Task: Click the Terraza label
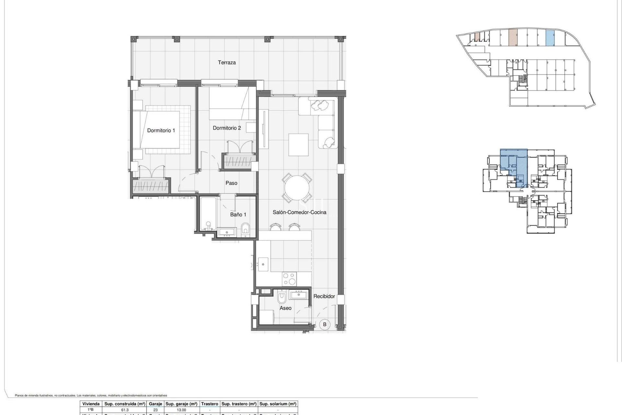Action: [x=226, y=63]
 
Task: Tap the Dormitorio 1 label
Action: [x=161, y=130]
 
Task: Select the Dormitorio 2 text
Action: [x=226, y=128]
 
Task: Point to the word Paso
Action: [x=231, y=183]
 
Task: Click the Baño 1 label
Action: [x=238, y=215]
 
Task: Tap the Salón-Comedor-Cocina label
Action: [x=299, y=212]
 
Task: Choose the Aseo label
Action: [x=285, y=308]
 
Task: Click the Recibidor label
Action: [x=324, y=296]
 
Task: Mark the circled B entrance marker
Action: [x=324, y=324]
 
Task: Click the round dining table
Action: [x=297, y=188]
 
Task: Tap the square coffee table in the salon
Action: [x=298, y=145]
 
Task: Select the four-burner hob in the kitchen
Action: [x=289, y=279]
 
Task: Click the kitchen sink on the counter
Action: [x=263, y=264]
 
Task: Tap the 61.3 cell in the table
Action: [x=125, y=410]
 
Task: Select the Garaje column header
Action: [x=155, y=404]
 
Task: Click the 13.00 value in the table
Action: [x=181, y=410]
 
